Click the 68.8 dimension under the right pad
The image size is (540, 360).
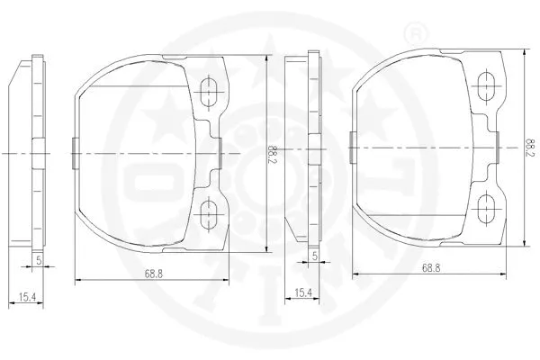[x=430, y=267]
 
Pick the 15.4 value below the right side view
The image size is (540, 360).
[x=304, y=292]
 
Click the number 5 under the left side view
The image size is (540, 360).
[x=39, y=260]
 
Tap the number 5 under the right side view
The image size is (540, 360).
[x=314, y=257]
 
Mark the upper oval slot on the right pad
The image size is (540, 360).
[x=489, y=85]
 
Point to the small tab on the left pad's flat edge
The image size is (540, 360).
[x=74, y=150]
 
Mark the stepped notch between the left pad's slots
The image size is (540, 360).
[x=216, y=150]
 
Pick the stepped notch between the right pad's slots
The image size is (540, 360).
[x=494, y=147]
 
